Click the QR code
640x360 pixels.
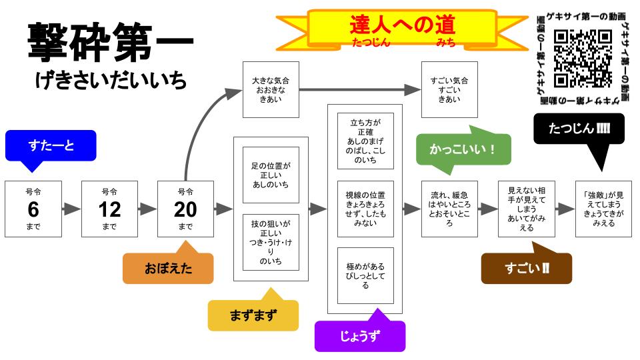click(582, 59)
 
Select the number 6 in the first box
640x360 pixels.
click(33, 209)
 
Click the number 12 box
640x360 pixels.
click(109, 209)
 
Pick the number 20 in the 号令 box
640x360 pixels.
click(185, 209)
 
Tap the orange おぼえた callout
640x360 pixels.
click(168, 269)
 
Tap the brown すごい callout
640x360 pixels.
click(527, 269)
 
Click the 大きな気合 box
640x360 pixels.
click(270, 89)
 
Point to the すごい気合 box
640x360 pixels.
click(451, 89)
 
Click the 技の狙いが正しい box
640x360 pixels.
click(270, 243)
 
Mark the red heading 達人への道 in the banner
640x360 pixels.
click(402, 25)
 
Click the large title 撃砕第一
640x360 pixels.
click(110, 41)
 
